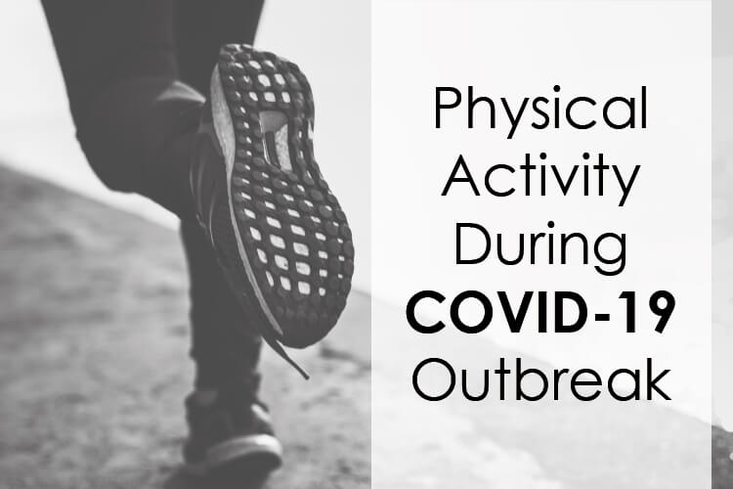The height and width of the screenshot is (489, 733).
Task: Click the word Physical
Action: point(540,111)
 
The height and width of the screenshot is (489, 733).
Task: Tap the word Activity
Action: point(540,179)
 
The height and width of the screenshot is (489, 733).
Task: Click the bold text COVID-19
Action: point(540,312)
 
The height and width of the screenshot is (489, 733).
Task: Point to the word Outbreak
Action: point(541,379)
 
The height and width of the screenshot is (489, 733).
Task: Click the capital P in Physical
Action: point(447,108)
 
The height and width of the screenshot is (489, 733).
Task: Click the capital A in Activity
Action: point(460,174)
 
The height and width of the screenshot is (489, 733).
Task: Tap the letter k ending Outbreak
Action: point(658,379)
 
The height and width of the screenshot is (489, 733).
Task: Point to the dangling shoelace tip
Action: point(305,376)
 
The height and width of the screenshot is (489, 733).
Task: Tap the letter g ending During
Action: point(611,253)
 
